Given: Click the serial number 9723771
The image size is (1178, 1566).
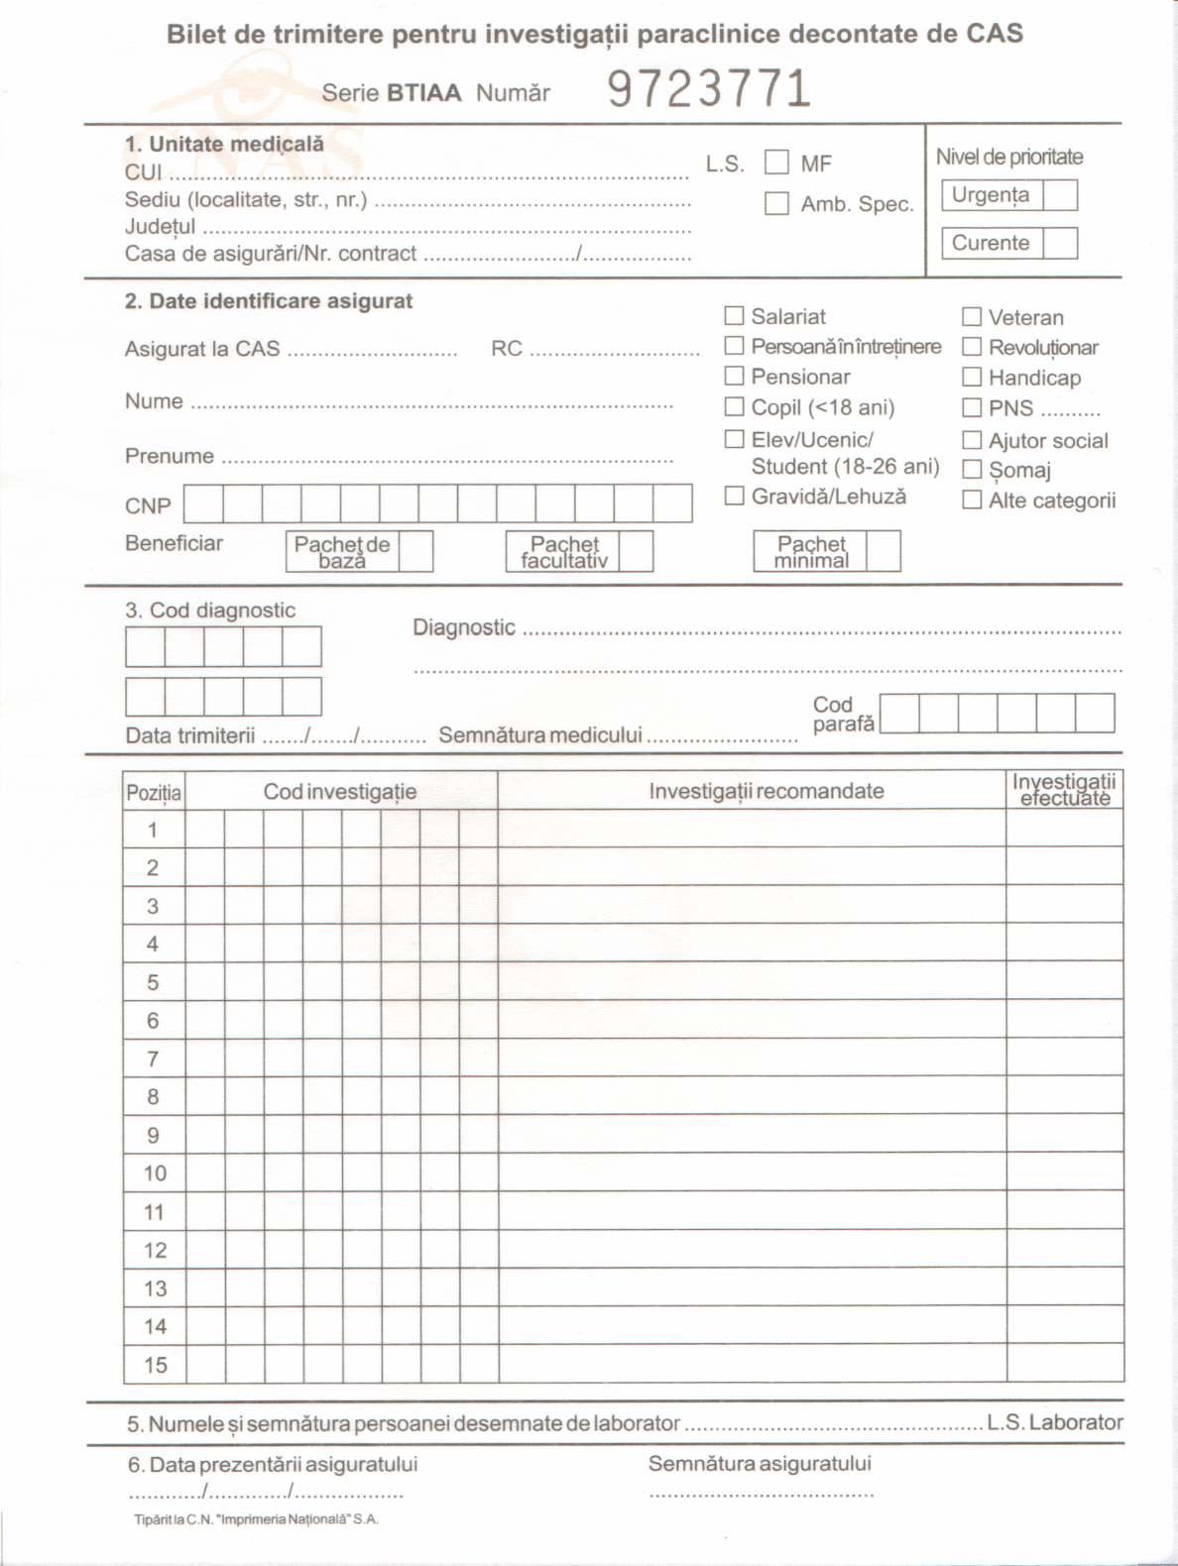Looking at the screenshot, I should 709,89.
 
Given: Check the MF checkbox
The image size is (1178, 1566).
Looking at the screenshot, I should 776,162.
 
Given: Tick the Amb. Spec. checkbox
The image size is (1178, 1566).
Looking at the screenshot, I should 776,203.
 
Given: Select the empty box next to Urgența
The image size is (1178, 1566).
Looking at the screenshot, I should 1060,195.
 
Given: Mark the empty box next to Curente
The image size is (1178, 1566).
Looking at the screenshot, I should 1060,243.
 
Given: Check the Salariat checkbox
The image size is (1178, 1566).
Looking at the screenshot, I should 734,316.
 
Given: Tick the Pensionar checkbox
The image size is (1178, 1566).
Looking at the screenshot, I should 734,377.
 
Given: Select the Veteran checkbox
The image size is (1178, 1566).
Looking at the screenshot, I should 972,317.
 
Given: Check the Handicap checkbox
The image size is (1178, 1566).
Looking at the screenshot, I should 972,378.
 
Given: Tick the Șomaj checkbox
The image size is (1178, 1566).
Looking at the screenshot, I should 972,470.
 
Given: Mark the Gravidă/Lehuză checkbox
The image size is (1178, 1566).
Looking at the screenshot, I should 734,496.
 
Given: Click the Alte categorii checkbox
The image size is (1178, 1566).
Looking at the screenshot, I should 972,500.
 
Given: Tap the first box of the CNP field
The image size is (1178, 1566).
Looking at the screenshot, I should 203,503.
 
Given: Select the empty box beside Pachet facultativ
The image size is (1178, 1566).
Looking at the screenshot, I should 636,551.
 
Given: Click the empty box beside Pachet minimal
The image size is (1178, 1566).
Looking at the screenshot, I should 883,551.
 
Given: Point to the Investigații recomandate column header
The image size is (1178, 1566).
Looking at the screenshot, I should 766,791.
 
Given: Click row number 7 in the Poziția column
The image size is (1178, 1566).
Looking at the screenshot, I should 153,1059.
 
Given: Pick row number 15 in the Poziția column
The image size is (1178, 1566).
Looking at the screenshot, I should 155,1365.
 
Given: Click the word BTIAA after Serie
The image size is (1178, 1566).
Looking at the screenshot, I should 423,93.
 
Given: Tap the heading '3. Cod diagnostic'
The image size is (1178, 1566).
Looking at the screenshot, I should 210,611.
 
